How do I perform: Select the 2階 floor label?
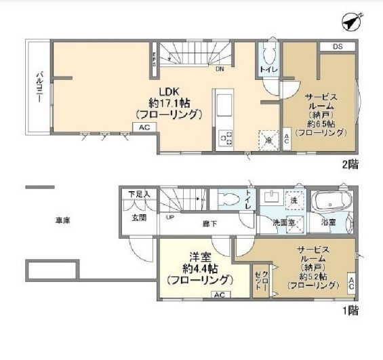click(350, 163)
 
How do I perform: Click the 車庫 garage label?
click(64, 219)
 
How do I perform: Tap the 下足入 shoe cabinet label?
click(139, 195)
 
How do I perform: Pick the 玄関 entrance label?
click(139, 217)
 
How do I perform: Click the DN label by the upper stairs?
click(220, 68)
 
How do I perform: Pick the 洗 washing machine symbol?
click(294, 201)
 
